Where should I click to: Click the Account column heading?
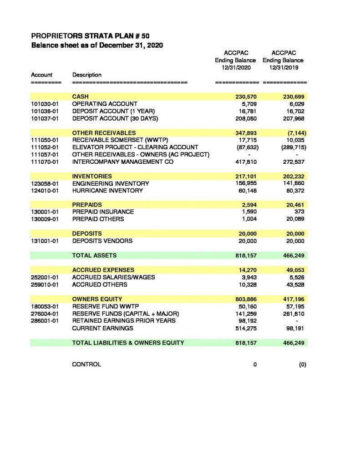point(41,75)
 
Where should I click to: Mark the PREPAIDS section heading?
point(87,205)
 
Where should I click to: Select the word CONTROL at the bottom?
point(86,365)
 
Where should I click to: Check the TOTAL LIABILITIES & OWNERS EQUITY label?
point(128,343)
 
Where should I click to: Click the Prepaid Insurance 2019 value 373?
point(299,212)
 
